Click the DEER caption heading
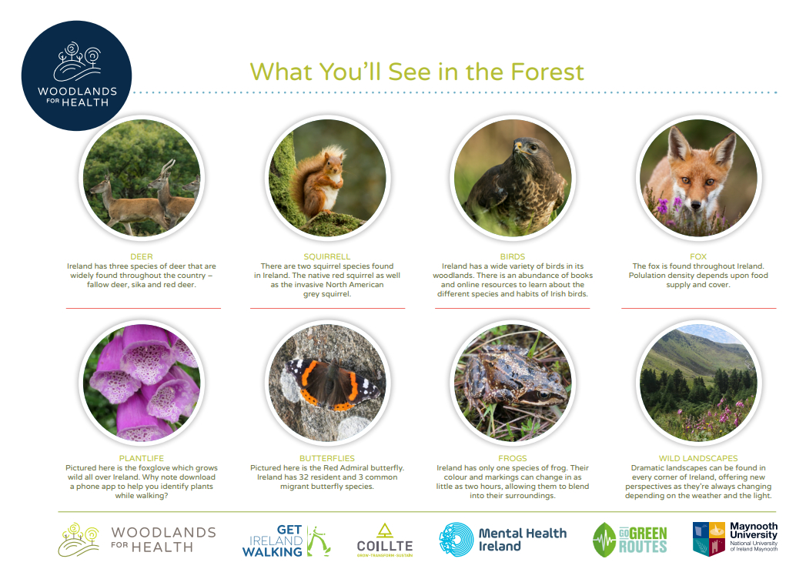point(142,256)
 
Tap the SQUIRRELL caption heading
point(327,256)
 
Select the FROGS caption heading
point(513,458)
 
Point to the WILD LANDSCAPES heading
point(698,458)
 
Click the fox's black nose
point(695,205)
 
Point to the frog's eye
point(543,395)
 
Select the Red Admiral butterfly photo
point(327,383)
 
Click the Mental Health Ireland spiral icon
point(456,540)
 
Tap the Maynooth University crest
point(709,539)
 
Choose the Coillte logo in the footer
point(384,541)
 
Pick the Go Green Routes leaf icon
point(604,540)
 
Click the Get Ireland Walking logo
point(286,541)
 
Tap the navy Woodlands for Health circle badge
point(76,75)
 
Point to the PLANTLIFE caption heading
point(142,458)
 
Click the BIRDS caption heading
point(513,256)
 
